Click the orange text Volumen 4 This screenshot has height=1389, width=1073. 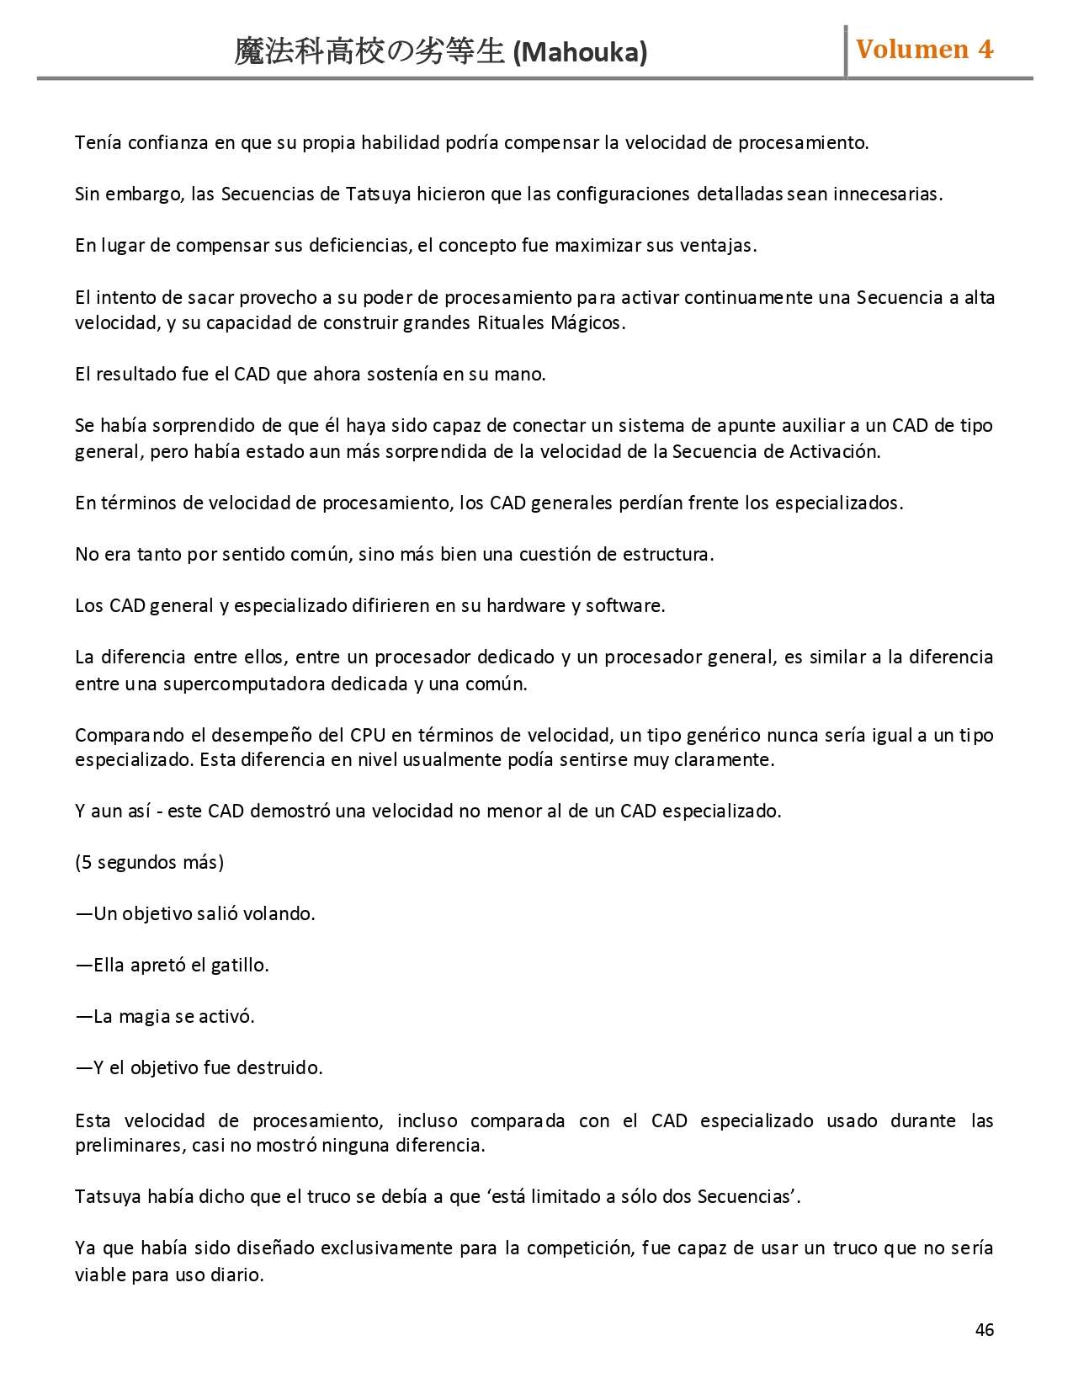tap(924, 50)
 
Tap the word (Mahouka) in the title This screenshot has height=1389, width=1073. tap(580, 53)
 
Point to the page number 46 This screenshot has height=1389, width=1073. tap(984, 1329)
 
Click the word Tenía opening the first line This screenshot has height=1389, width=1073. tap(98, 143)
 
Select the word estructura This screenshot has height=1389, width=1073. tap(670, 555)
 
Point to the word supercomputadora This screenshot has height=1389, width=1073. tap(244, 684)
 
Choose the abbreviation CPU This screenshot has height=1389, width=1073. tap(368, 736)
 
